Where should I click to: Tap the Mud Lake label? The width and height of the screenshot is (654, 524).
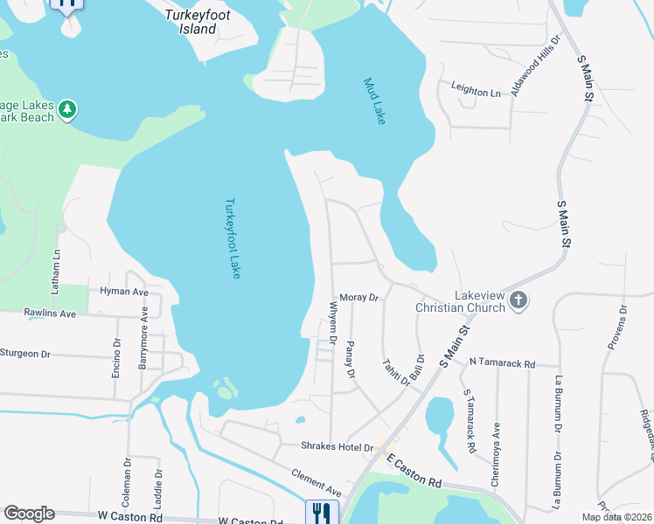(x=374, y=100)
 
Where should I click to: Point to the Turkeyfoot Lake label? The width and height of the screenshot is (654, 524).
(x=233, y=238)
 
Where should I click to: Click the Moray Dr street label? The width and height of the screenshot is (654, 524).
(x=358, y=298)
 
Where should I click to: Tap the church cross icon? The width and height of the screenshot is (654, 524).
(x=518, y=301)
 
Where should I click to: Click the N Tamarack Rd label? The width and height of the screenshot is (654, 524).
(x=501, y=361)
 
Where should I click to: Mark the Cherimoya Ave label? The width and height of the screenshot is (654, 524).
(x=497, y=420)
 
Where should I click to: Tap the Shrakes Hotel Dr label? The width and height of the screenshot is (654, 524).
(x=337, y=447)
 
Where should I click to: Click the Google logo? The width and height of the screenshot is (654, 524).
(x=30, y=514)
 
